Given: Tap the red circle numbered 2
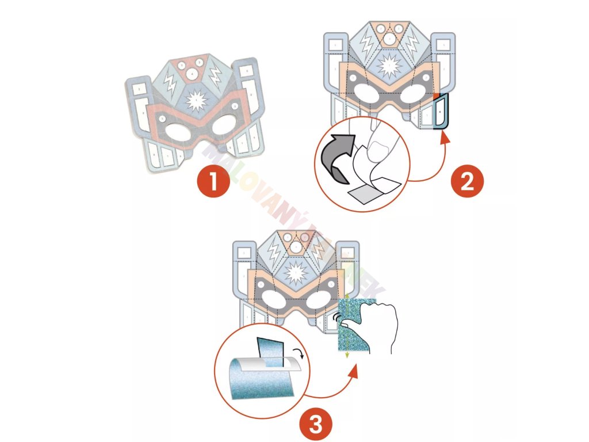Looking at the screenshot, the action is [466, 181].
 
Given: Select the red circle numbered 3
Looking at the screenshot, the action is [315, 425].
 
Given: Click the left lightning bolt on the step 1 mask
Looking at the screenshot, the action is [170, 83].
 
